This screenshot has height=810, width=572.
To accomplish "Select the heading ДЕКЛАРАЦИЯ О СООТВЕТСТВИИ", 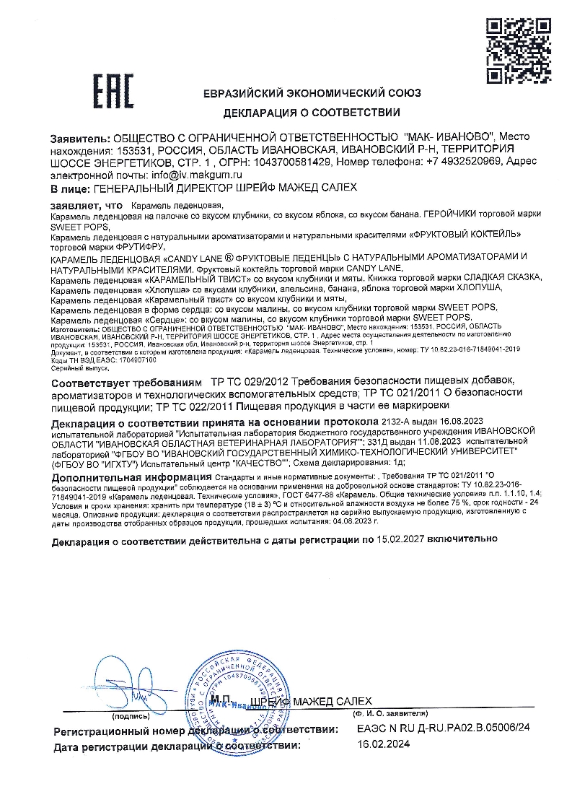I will pyautogui.click(x=312, y=113).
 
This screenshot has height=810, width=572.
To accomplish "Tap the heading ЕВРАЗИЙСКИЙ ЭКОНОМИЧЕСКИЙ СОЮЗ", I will pyautogui.click(x=312, y=93).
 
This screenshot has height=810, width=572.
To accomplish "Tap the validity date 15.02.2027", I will pyautogui.click(x=405, y=539).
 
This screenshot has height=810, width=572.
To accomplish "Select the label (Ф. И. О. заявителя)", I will pyautogui.click(x=392, y=713).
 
